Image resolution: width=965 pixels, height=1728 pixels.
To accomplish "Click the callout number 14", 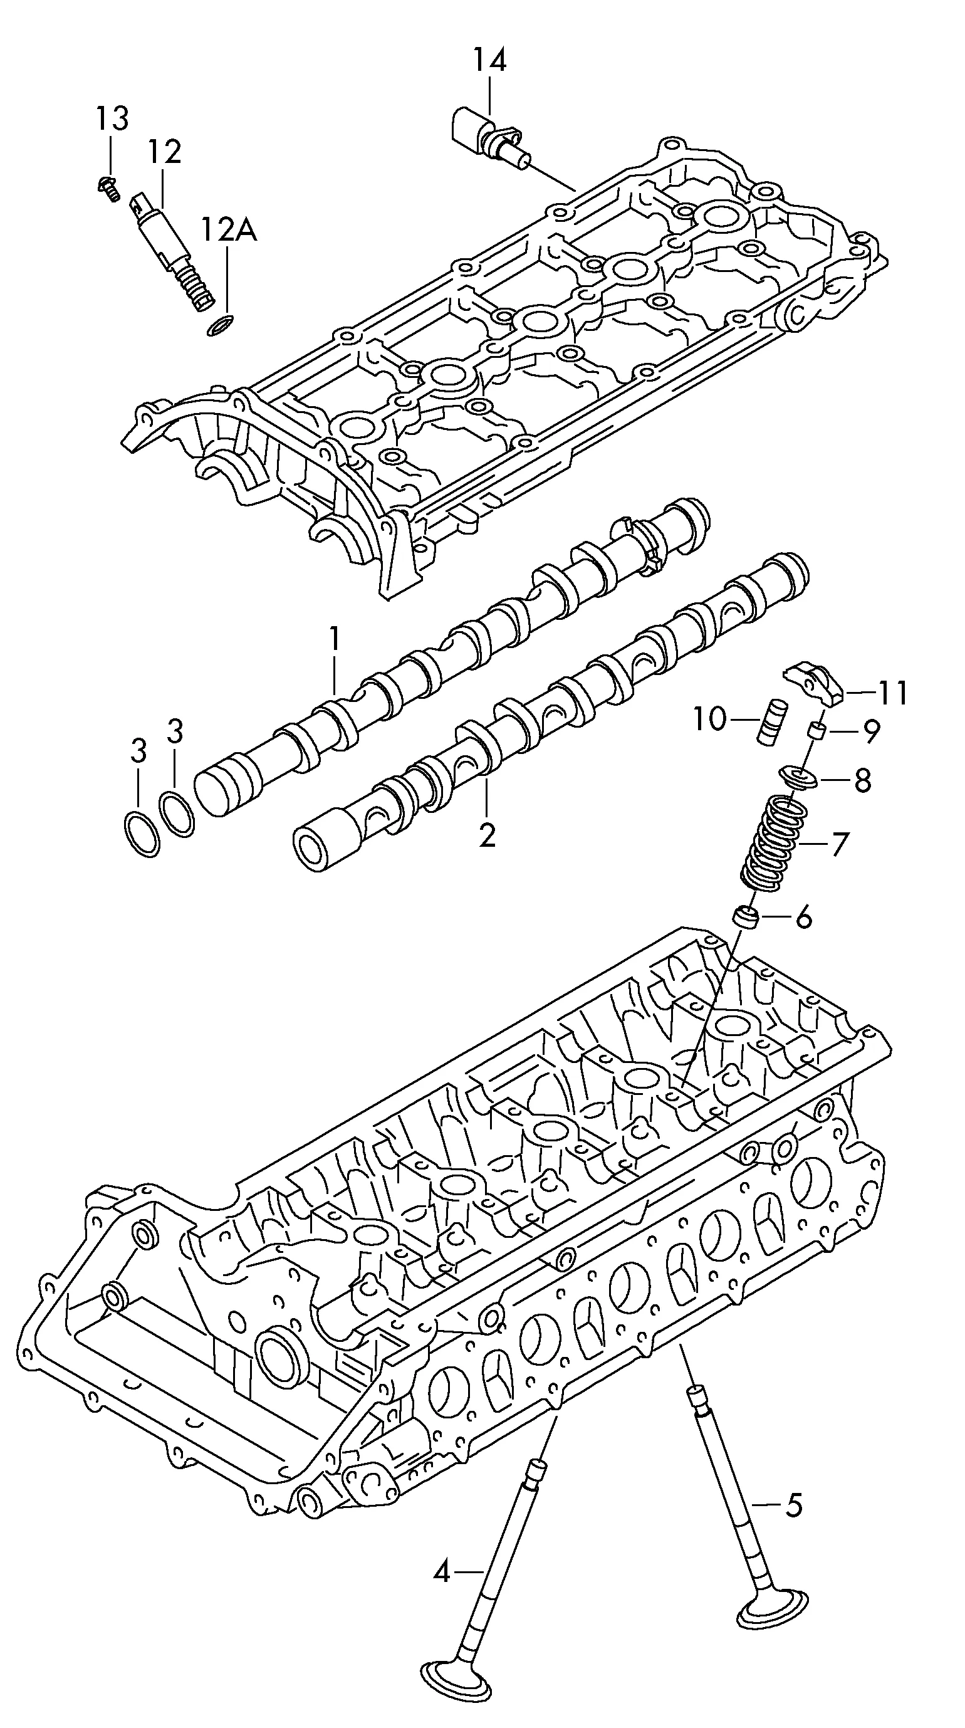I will click(489, 60).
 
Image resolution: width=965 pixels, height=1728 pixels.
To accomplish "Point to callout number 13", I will click(111, 120).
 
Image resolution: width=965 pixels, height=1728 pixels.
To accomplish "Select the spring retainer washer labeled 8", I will click(798, 779).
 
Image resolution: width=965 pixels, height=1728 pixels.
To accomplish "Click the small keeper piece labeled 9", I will click(815, 731).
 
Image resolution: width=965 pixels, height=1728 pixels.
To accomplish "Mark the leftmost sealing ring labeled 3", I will click(142, 834).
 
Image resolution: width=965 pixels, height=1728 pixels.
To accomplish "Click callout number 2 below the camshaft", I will click(487, 834).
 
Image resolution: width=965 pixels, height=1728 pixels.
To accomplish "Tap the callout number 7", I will click(840, 844).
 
